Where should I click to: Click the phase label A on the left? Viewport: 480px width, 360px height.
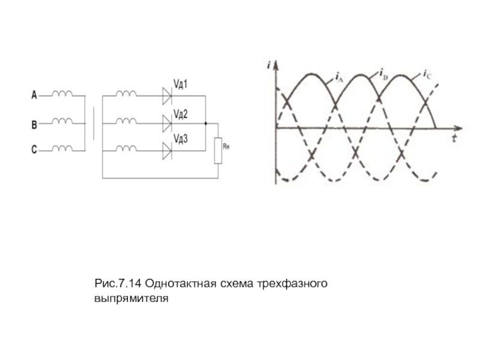pos(34,95)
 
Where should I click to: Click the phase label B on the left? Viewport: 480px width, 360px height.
pos(34,125)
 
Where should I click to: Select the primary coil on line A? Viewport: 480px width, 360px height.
pos(62,94)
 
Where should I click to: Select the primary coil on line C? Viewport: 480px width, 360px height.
pos(62,148)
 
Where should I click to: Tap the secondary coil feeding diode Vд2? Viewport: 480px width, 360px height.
pos(126,122)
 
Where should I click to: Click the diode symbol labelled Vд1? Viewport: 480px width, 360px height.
pos(166,94)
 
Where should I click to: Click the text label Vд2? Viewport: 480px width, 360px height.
pos(181,112)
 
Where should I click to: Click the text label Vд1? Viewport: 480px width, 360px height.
pos(181,85)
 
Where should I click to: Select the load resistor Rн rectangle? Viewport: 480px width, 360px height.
pos(218,150)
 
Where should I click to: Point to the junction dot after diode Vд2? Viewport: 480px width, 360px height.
pos(206,124)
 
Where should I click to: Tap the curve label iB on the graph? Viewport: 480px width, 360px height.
pos(382,73)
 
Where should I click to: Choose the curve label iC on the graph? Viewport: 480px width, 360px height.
pos(427,74)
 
